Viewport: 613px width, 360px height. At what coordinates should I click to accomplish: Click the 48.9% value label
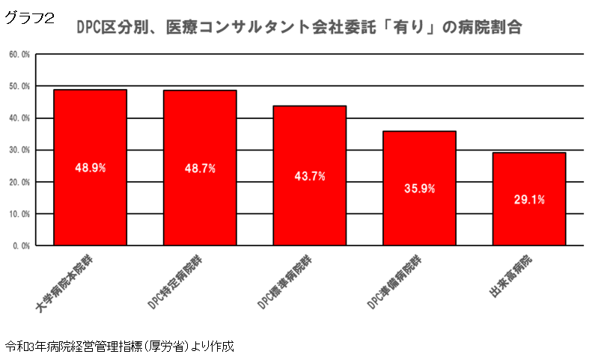90,168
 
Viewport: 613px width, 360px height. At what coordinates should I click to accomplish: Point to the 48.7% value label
200,168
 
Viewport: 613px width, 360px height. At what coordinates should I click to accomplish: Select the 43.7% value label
309,176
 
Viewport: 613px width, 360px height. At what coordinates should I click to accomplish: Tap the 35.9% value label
419,189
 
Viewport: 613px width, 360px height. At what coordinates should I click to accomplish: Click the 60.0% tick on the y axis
19,55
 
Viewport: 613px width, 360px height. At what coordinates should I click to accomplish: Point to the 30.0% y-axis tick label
19,150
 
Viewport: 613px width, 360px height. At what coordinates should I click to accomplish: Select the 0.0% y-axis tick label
21,245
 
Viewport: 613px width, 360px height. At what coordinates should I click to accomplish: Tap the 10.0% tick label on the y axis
19,213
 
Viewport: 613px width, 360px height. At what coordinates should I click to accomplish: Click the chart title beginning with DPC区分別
299,28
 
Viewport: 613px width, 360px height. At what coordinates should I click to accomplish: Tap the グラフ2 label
30,19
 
